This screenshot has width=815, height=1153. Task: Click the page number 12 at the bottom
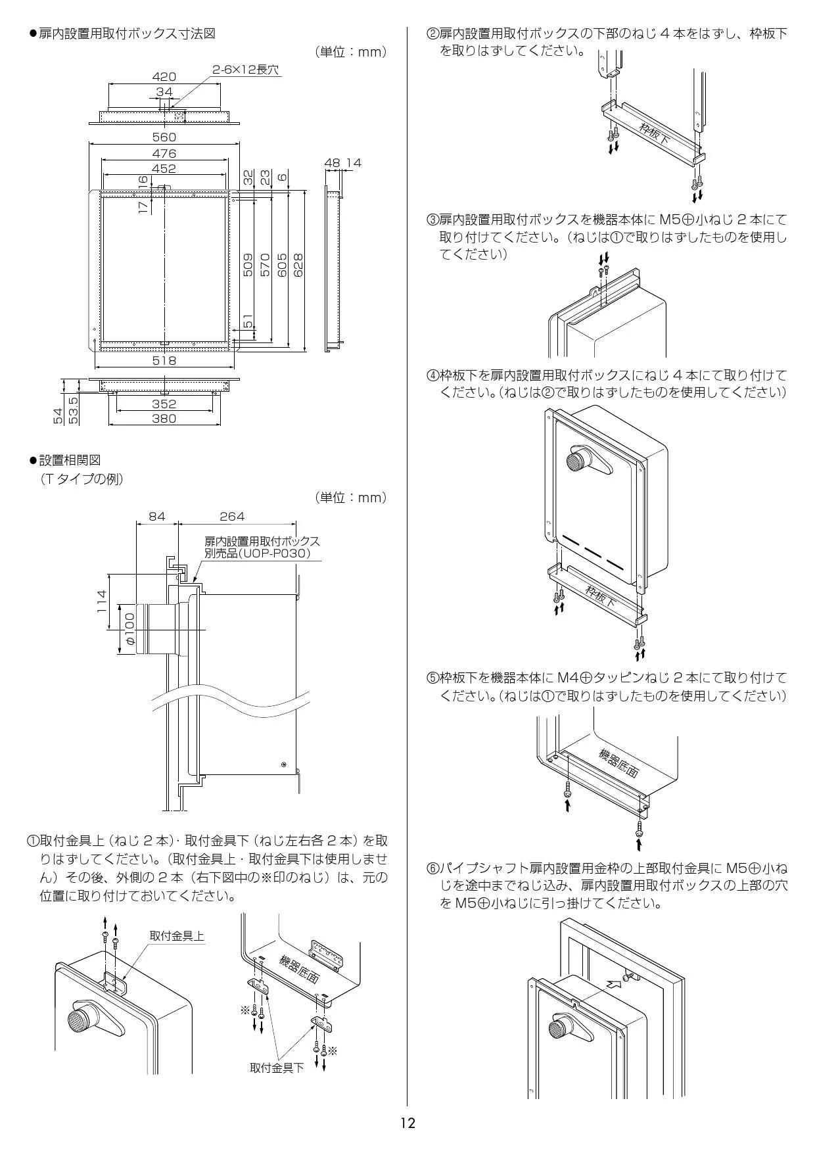tap(407, 1123)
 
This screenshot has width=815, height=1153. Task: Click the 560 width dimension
tap(164, 137)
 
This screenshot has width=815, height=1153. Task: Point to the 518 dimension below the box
tap(164, 360)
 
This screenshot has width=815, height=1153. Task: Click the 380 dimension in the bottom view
tap(164, 418)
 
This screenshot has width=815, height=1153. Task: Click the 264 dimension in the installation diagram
tap(232, 517)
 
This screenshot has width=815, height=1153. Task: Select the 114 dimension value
tap(102, 601)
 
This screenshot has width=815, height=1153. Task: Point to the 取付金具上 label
tap(177, 935)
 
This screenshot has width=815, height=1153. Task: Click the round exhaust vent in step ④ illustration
tap(580, 461)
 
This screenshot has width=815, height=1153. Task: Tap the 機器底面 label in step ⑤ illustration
tap(618, 763)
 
